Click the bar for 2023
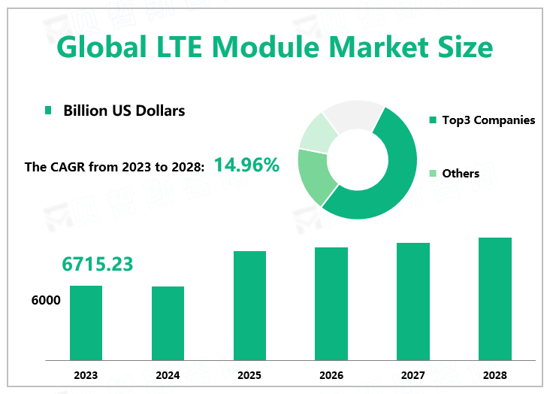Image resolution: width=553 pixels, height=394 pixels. [x=86, y=323]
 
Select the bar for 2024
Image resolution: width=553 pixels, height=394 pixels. [x=168, y=323]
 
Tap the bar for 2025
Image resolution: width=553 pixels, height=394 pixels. [x=249, y=305]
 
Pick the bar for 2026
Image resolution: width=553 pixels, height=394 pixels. [x=331, y=304]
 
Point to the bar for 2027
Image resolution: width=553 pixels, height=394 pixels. [x=413, y=302]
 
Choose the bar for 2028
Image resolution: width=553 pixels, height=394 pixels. [x=495, y=299]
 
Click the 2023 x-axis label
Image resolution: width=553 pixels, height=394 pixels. [x=86, y=375]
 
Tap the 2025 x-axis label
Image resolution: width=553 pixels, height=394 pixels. [x=249, y=375]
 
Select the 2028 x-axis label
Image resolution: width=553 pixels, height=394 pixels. [x=495, y=375]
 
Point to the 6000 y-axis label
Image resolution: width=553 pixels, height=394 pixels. [x=46, y=301]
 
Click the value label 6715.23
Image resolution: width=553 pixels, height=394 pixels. [x=98, y=264]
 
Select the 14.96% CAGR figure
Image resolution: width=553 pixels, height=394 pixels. [x=246, y=165]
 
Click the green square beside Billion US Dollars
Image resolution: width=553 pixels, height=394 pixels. [x=49, y=111]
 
